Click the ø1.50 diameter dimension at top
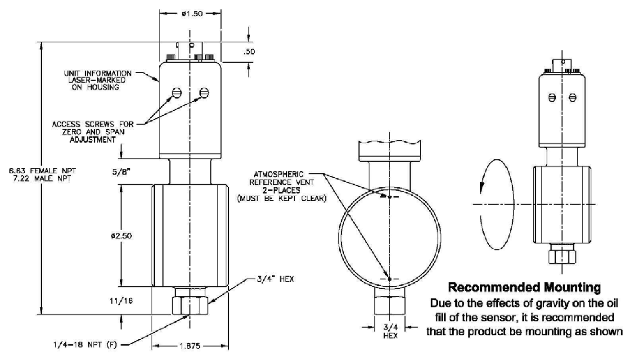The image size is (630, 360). click(x=192, y=13)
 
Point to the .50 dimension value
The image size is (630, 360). click(x=249, y=52)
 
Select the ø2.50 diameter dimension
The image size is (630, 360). click(x=121, y=236)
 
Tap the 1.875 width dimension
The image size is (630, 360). click(x=190, y=346)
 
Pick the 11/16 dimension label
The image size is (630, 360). click(x=121, y=301)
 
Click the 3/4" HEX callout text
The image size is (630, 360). click(x=275, y=279)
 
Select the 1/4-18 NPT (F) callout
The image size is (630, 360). click(x=85, y=345)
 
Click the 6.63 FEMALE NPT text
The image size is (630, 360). click(x=42, y=171)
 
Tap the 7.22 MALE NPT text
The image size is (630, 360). click(x=42, y=178)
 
